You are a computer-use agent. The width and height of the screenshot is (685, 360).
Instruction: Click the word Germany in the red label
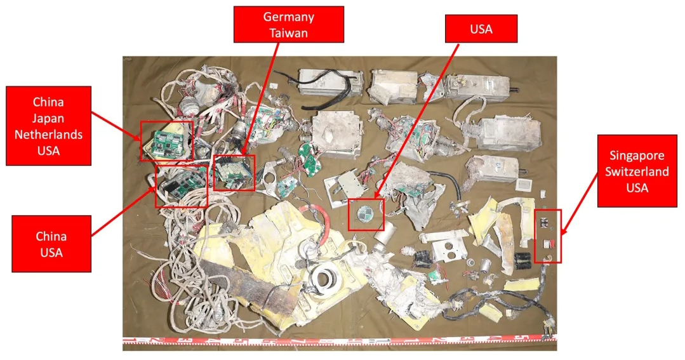289,17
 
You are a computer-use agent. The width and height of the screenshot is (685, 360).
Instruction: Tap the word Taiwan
289,33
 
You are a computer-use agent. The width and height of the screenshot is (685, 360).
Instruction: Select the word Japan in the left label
49,118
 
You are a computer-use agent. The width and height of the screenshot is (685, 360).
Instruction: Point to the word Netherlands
49,135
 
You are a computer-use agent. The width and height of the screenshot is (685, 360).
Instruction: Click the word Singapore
637,155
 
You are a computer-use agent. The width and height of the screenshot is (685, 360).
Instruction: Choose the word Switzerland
637,171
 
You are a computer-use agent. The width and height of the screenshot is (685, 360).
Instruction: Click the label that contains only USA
481,29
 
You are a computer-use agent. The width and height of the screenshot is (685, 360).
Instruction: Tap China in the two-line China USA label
51,236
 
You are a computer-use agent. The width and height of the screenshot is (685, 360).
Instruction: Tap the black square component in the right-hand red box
545,222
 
